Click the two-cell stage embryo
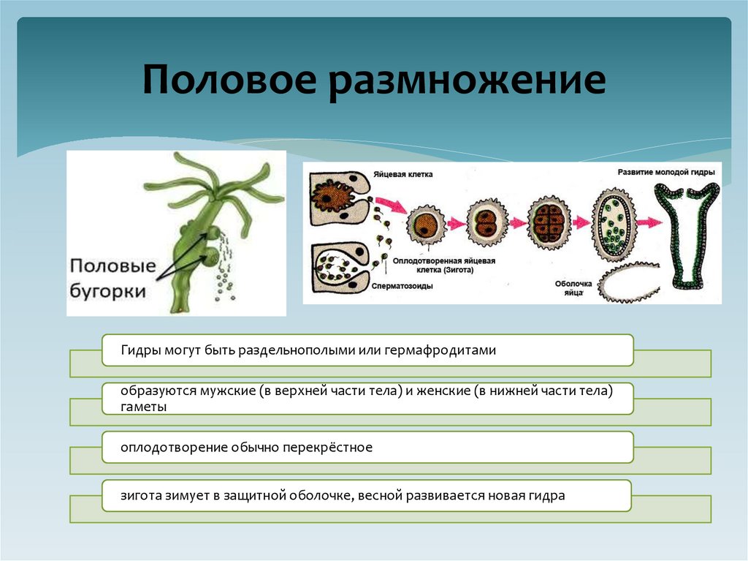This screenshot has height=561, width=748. click(x=484, y=224)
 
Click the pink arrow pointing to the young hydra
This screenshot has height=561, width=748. click(x=647, y=220)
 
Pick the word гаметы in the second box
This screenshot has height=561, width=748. click(x=145, y=407)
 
